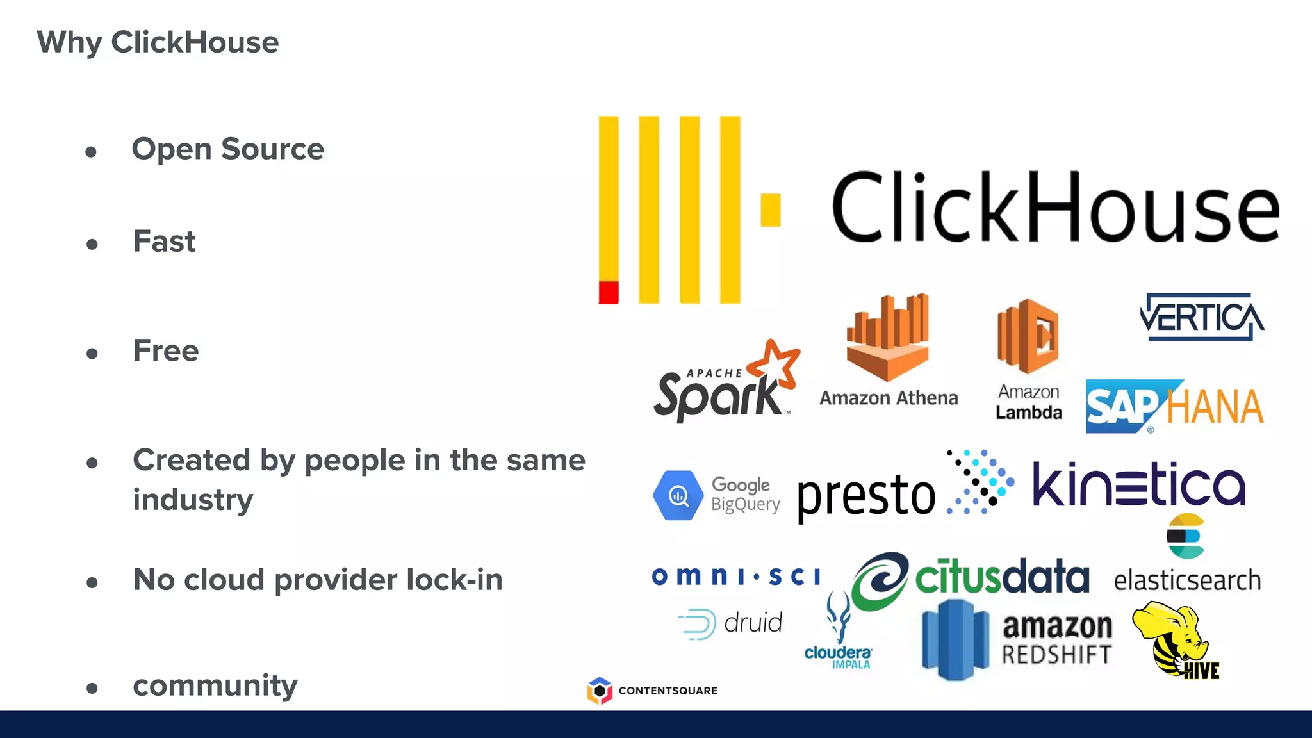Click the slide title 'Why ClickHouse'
(x=158, y=42)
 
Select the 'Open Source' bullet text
(x=227, y=149)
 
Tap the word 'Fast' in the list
(x=164, y=242)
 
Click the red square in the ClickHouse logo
(x=609, y=292)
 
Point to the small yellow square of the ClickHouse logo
(x=771, y=210)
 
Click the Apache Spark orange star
(x=775, y=364)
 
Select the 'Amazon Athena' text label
(x=889, y=398)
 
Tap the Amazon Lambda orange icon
(x=1028, y=336)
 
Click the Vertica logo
(x=1202, y=317)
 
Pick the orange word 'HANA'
(x=1215, y=407)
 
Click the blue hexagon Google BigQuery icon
(x=678, y=495)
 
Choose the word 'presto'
(x=866, y=495)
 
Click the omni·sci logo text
(x=735, y=576)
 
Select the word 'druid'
(x=753, y=623)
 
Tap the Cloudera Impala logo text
(x=838, y=656)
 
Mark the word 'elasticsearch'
(x=1187, y=580)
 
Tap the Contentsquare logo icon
(x=600, y=691)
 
